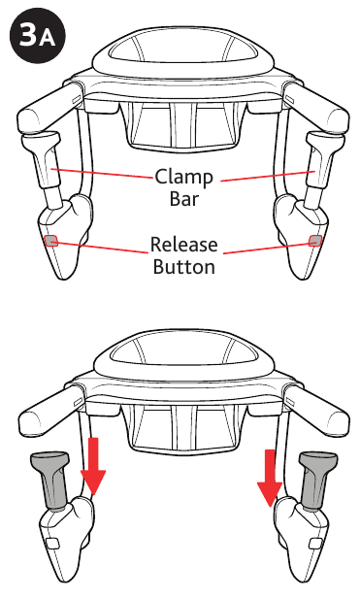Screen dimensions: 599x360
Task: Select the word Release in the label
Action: (x=184, y=244)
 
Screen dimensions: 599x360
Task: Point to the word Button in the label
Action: (x=184, y=265)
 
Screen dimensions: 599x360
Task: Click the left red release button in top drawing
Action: (x=52, y=240)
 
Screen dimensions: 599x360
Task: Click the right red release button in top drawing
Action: (x=314, y=240)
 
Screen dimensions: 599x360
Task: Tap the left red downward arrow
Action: (x=94, y=467)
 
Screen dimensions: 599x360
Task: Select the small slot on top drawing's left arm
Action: (x=75, y=101)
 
